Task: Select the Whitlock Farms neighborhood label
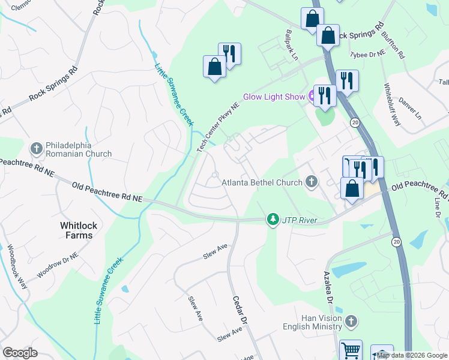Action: pos(77,230)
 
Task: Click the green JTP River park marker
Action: pos(274,220)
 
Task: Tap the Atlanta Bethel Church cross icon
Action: pos(311,181)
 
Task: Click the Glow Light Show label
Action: pos(274,97)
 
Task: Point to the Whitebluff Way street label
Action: pos(392,103)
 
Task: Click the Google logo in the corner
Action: pos(20,352)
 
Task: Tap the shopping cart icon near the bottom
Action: pos(351,350)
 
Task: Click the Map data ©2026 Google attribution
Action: pos(412,355)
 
